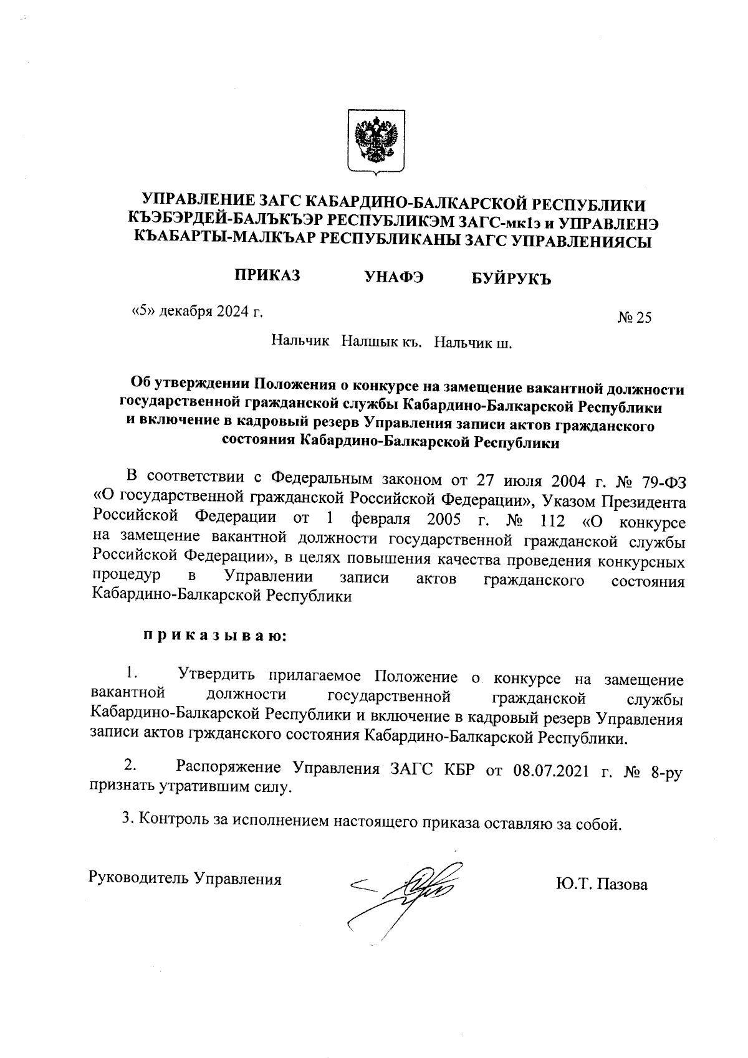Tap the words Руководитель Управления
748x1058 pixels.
pos(186,879)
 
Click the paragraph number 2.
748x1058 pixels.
pos(130,765)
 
